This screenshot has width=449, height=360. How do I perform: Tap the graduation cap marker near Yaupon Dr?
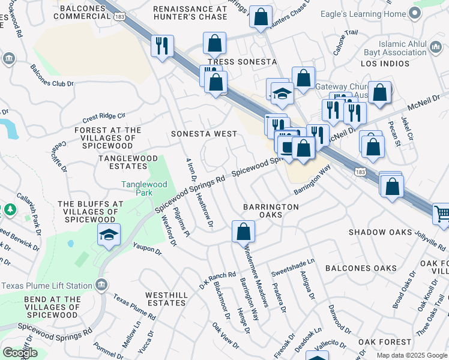pos(109,236)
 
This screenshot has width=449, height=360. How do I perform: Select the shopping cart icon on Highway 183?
pos(442,214)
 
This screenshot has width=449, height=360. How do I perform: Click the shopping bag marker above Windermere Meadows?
pos(243,232)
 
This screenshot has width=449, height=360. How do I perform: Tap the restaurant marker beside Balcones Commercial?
pos(161,46)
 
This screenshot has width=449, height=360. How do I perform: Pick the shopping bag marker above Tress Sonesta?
pos(214,44)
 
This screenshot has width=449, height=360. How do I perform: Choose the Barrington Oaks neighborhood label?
pos(271,211)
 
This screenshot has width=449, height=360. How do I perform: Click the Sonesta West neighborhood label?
pos(203,134)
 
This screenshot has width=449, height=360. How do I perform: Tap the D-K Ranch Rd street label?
pos(217,279)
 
